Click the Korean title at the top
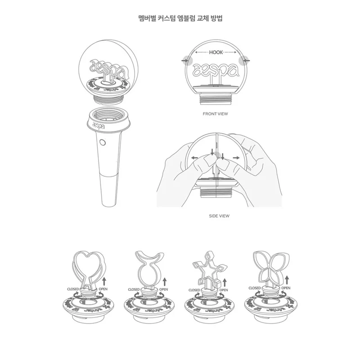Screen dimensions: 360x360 pyautogui.click(x=180, y=20)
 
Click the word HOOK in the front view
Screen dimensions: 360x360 pyautogui.click(x=216, y=52)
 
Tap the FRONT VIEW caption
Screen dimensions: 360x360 pyautogui.click(x=216, y=114)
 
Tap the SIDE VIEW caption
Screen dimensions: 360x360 pyautogui.click(x=219, y=216)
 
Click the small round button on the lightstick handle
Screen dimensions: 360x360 pyautogui.click(x=102, y=144)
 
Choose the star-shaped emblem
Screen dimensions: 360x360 pyautogui.click(x=207, y=270)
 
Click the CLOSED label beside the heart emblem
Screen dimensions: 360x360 pyautogui.click(x=73, y=289)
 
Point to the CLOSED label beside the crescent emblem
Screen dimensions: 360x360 pyautogui.click(x=134, y=289)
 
